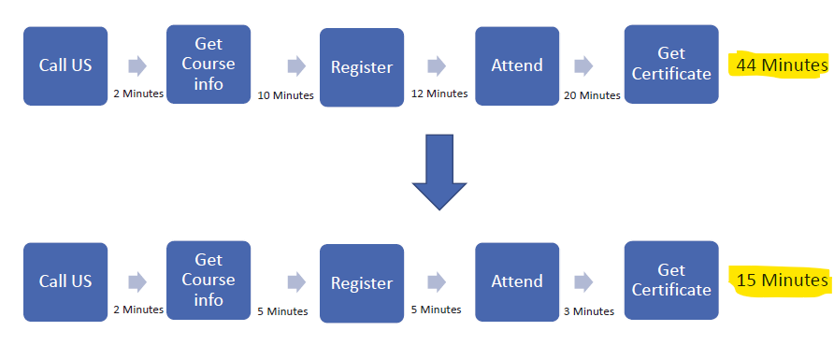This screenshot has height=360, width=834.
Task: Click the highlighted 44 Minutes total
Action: coord(782,65)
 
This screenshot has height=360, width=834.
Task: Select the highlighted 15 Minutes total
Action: coord(782,281)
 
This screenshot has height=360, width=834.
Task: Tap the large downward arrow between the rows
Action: coord(439,171)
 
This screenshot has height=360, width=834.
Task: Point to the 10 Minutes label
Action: coord(285,94)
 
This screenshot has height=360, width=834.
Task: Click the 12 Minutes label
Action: coord(439,94)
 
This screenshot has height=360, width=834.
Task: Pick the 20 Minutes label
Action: coord(592,94)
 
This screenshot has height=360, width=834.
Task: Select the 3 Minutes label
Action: coord(588,310)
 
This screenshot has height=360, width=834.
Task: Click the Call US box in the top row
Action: coord(65,65)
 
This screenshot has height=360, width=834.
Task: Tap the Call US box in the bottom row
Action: coord(65,281)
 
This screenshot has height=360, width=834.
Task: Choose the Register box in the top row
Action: coord(362,67)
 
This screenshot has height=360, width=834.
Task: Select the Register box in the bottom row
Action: coord(362,283)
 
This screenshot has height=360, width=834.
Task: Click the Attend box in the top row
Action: coord(517,65)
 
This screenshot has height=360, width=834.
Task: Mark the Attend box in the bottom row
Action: coord(517,281)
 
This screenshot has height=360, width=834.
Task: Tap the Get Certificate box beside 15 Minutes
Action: coord(671,280)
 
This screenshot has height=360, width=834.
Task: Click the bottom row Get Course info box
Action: coord(208,280)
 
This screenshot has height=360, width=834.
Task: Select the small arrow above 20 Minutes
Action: coord(584,65)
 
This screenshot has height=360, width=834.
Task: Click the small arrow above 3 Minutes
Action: coord(584,281)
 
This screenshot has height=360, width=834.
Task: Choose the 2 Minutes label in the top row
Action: coord(138,94)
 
